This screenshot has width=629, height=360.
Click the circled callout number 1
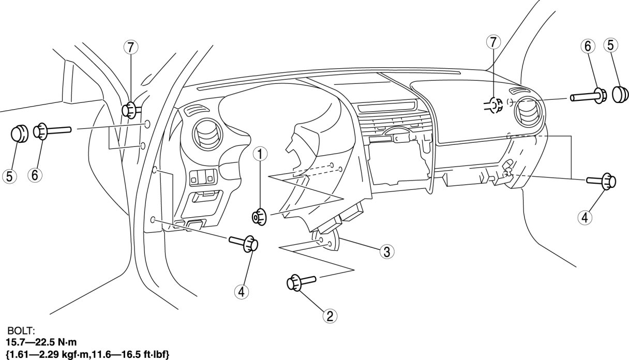point(260,153)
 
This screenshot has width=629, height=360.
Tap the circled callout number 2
point(328,314)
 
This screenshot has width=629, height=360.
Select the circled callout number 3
point(386,252)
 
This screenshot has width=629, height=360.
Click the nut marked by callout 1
point(259,217)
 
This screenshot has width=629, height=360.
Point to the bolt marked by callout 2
point(299,283)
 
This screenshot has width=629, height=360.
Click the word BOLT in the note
point(19,329)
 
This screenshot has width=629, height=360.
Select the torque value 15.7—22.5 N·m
point(40,342)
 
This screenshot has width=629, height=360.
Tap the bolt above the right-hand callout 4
point(601,181)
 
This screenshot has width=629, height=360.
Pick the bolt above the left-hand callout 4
point(245,242)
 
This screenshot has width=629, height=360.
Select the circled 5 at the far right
point(610,46)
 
